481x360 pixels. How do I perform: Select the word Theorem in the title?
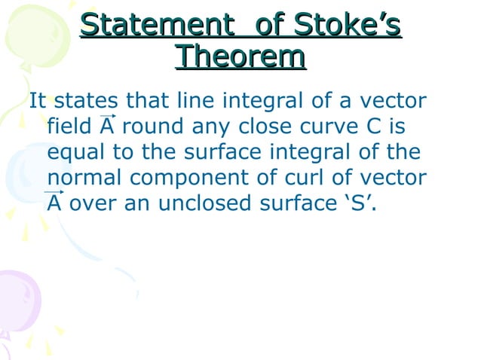pos(240,57)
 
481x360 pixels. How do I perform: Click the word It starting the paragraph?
pos(38,101)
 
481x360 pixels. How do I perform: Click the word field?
pos(70,127)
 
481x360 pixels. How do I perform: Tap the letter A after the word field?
pos(107,126)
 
